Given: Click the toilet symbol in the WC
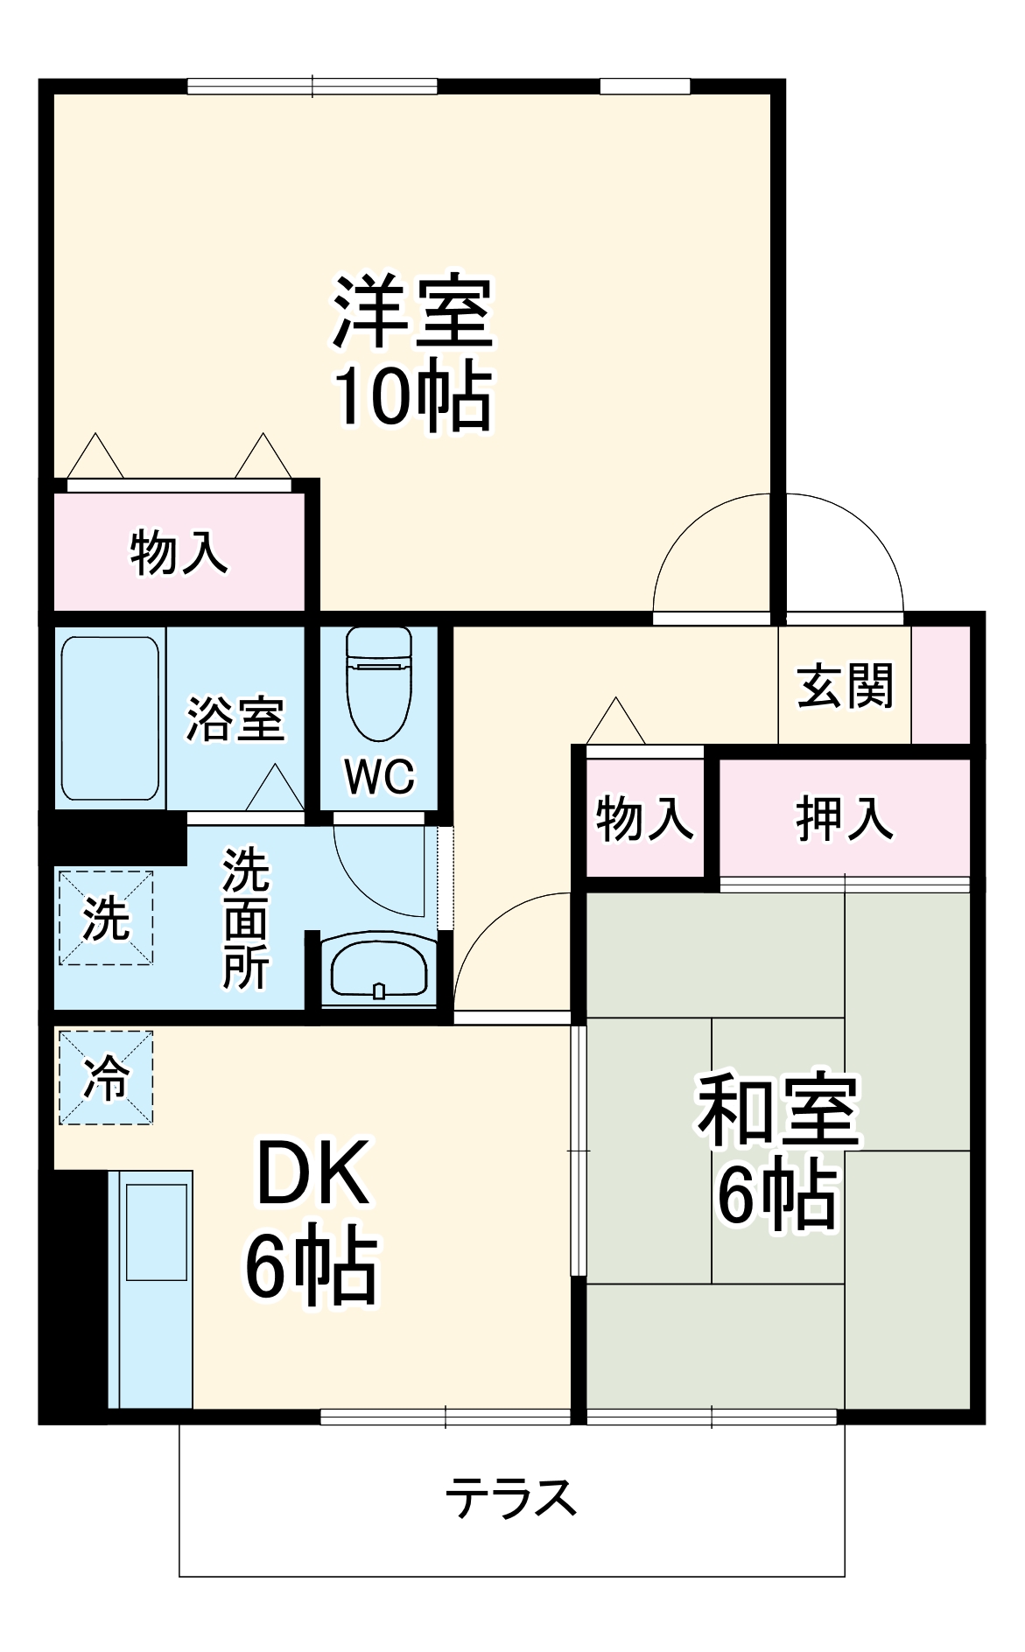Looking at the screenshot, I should (x=378, y=682).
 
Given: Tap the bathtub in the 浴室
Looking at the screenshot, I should (x=109, y=717).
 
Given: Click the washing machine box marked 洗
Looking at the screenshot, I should (x=106, y=917).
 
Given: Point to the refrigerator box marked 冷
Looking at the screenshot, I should (x=106, y=1077).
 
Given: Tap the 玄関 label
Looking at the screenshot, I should (x=845, y=685).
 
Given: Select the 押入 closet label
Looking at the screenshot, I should (x=844, y=818).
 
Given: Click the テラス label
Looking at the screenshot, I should (x=511, y=1497).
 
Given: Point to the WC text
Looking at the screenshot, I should (x=379, y=776).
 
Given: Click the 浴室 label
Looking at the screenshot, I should (x=235, y=719).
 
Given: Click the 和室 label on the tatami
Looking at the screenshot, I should (x=777, y=1109).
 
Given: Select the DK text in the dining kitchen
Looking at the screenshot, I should (x=312, y=1172).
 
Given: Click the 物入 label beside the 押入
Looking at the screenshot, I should (x=644, y=819).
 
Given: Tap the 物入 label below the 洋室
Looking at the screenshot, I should (x=179, y=553).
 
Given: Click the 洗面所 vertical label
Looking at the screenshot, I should (x=245, y=918).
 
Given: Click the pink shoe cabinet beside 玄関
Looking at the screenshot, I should (x=941, y=684).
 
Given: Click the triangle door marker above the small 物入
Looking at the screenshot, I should (x=616, y=722).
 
